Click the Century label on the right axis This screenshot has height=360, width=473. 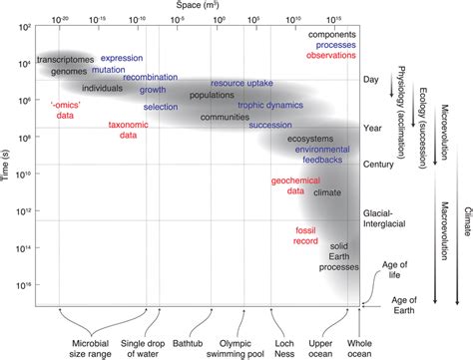tap(377, 162)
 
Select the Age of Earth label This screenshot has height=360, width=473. tap(404, 302)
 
